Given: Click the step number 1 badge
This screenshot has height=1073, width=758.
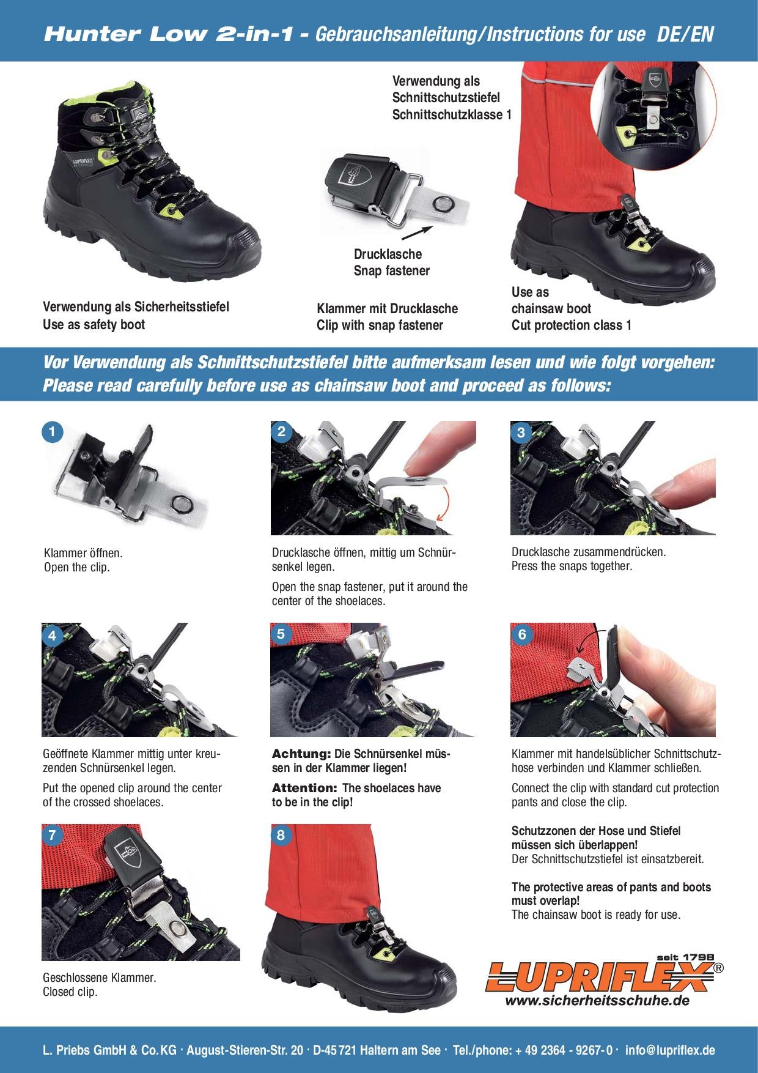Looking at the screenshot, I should tap(52, 433).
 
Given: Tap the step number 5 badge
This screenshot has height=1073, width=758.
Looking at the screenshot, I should tap(281, 634).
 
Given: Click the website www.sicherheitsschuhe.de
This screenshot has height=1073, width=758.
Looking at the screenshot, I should tap(597, 1001).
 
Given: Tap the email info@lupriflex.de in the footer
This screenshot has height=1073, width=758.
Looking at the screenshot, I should tap(671, 1050).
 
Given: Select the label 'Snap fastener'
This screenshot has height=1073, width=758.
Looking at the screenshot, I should tap(391, 270).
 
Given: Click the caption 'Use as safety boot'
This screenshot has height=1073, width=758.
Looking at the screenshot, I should tap(94, 324).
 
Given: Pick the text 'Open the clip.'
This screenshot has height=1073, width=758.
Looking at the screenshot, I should tap(76, 567).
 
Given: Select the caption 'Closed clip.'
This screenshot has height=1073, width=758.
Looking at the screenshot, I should tap(70, 992).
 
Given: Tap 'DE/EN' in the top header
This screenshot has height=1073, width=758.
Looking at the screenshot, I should tap(685, 34).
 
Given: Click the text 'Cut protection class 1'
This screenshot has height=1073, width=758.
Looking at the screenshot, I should tap(571, 325).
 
